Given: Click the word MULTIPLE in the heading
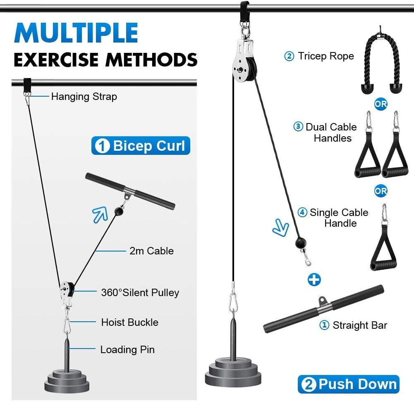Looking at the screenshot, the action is click(x=76, y=33).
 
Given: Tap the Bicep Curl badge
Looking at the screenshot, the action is click(x=141, y=145).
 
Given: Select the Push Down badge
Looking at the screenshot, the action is click(x=349, y=384).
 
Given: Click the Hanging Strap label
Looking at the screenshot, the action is click(x=84, y=97).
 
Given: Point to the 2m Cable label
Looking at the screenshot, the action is click(x=151, y=251).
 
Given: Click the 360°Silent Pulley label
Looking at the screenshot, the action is click(x=140, y=292).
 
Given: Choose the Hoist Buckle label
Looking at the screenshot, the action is click(x=130, y=322).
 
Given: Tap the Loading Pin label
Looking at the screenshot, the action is click(x=127, y=350).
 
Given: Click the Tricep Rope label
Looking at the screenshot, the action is click(x=326, y=56).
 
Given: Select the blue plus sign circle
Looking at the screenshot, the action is click(x=314, y=280).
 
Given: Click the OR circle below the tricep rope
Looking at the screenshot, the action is click(x=381, y=104).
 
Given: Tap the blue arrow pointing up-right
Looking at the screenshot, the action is click(x=100, y=214).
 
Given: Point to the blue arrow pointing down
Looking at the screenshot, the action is click(x=281, y=228).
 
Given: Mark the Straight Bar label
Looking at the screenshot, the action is click(x=360, y=325).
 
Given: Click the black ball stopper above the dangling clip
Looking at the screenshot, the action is click(x=301, y=243).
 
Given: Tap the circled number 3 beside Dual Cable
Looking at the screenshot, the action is click(x=298, y=126).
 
